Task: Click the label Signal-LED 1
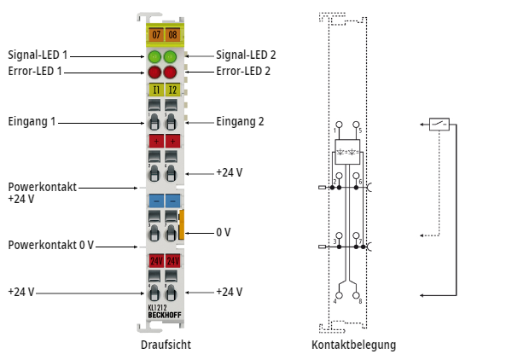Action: pos(38,55)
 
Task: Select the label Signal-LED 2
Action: pos(246,55)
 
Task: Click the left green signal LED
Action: pos(154,57)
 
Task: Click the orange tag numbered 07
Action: pos(155,35)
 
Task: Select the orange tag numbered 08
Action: pos(172,35)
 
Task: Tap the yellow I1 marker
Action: pos(155,89)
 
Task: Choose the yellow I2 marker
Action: pos(172,89)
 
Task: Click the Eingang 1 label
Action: pos(32,121)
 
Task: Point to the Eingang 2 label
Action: pos(240,121)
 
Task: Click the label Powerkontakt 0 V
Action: pos(50,245)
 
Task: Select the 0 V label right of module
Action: pos(224,232)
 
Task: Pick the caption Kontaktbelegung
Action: pos(353,345)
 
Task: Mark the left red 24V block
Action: pos(155,260)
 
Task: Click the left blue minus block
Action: pos(155,200)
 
